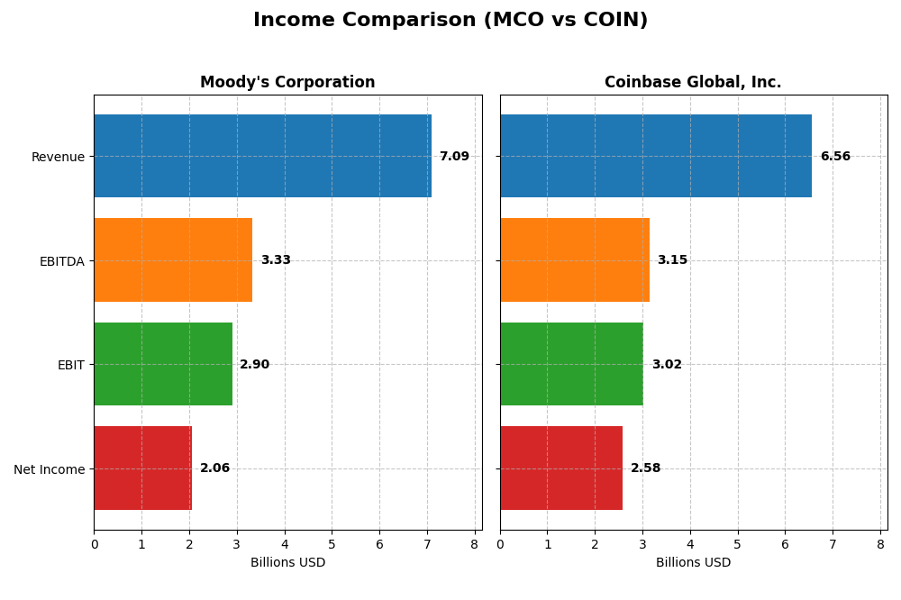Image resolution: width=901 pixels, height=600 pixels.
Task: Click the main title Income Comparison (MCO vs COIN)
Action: point(450,20)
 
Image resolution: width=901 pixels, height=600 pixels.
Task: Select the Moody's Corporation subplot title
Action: point(287,82)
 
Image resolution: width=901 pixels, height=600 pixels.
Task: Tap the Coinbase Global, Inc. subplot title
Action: point(693,82)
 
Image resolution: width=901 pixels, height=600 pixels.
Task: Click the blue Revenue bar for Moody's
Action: point(262,156)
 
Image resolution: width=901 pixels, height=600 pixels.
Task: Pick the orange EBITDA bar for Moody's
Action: point(173,259)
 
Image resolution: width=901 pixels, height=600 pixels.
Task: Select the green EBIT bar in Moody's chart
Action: point(163,364)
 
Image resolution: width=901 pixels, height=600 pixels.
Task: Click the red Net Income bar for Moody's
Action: point(142,468)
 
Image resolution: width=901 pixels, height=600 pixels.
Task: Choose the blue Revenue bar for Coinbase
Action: point(656,156)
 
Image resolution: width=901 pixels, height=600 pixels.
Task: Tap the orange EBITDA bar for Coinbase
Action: point(575,259)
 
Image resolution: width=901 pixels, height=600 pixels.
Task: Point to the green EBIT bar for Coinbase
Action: point(571,364)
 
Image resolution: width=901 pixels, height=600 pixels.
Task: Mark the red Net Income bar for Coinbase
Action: point(561,468)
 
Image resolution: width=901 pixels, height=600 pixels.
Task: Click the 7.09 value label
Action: point(454,157)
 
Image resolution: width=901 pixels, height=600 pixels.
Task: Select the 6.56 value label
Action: point(835,157)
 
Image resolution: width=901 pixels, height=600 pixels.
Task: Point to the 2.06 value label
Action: point(214,468)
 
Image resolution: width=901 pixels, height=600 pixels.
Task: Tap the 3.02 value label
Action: point(667,365)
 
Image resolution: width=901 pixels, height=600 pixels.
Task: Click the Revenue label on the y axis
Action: point(58,158)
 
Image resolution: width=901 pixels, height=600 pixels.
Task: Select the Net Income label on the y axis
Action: point(50,469)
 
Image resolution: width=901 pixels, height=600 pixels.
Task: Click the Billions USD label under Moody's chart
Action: point(287,563)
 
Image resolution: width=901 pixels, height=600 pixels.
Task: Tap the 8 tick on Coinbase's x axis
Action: point(880,544)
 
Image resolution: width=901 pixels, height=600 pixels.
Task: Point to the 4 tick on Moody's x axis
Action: point(285,544)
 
